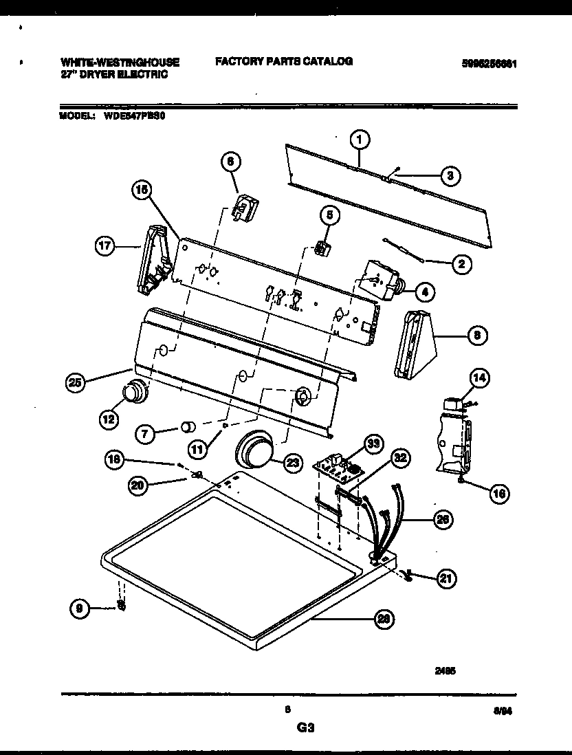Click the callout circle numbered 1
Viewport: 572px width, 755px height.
(358, 140)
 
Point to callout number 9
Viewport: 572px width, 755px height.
(80, 607)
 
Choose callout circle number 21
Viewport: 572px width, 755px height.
(446, 580)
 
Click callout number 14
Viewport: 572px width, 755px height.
(479, 377)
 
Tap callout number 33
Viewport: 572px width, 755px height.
(372, 445)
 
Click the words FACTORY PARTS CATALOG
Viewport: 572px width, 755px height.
(284, 61)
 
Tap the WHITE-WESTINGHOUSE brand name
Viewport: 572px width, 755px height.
(120, 63)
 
